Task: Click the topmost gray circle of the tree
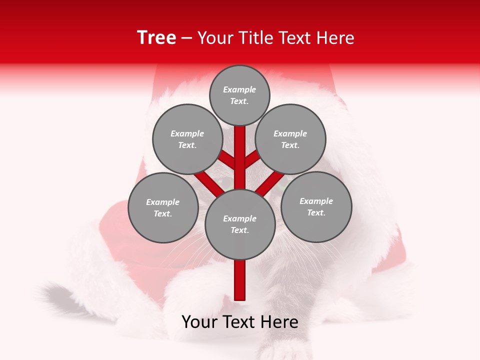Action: point(239,95)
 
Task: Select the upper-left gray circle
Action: point(187,139)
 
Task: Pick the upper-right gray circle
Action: point(290,139)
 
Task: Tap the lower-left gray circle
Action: point(163,207)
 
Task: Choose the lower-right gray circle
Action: point(316,206)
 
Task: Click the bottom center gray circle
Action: point(240,224)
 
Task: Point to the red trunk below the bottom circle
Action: point(240,280)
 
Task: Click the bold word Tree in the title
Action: point(156,38)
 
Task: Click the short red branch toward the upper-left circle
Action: point(227,159)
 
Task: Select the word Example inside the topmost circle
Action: point(239,89)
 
